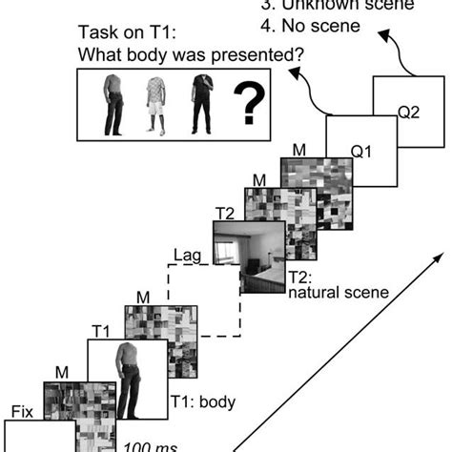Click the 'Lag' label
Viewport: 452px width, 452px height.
coord(188,256)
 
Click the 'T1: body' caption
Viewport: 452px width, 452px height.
coord(201,401)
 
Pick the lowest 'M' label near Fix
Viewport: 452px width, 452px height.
coord(62,373)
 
